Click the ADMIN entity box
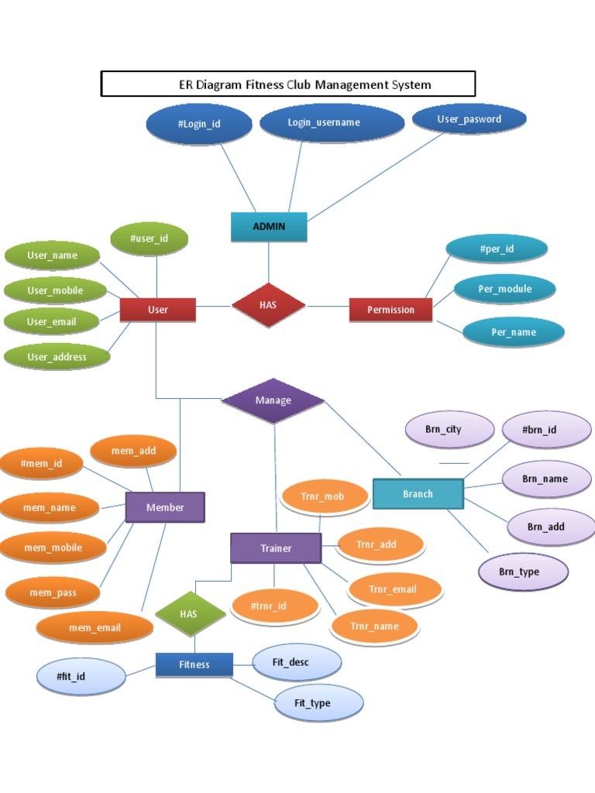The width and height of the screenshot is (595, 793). coord(269,226)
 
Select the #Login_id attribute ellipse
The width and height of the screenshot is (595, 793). coord(199,124)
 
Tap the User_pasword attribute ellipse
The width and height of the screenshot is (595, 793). coord(469,119)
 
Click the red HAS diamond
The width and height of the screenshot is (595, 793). coord(268,305)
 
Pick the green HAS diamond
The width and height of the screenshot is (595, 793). coord(189,613)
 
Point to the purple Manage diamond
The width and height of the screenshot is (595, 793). coord(273,400)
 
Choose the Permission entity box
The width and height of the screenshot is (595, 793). coord(390,309)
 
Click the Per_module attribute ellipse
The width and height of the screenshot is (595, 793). coord(505,289)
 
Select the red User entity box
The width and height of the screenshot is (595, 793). coord(158,309)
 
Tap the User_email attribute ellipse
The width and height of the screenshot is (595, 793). coord(52,321)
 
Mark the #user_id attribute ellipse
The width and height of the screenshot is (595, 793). coord(150,239)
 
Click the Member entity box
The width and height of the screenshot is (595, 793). coord(165,507)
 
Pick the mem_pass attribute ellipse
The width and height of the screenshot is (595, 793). coord(53,592)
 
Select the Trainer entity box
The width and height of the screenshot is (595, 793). coord(276,548)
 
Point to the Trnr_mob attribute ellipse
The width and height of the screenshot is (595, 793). coord(323,496)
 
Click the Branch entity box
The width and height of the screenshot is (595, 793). coord(418,493)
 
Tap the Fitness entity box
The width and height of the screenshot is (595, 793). coord(194,664)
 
